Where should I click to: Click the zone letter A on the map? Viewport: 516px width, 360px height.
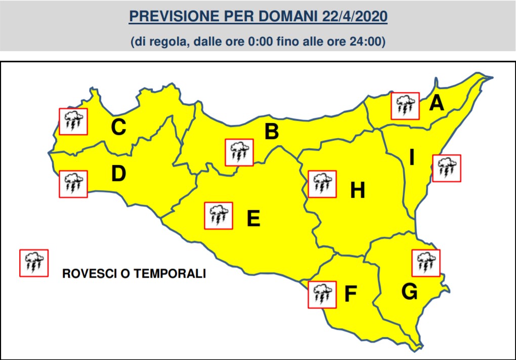(436, 104)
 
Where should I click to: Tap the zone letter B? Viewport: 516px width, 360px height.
(272, 132)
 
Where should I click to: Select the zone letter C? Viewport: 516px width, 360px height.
(118, 127)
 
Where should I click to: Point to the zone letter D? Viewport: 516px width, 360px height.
(118, 174)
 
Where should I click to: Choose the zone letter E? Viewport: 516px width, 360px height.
(253, 219)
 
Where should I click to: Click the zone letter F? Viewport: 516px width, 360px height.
(350, 294)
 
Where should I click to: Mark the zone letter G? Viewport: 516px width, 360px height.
(409, 292)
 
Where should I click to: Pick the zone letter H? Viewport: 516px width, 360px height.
(358, 191)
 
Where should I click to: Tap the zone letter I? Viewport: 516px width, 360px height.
(412, 159)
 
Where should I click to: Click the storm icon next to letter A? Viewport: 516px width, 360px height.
(405, 106)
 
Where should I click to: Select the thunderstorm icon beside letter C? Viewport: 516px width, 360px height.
(73, 121)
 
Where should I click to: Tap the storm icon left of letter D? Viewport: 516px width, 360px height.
(73, 184)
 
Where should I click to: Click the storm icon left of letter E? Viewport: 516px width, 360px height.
(219, 216)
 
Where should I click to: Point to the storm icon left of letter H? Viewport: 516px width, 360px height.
(322, 184)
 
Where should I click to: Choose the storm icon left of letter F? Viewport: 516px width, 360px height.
(322, 294)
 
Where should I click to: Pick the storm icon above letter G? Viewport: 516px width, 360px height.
(426, 263)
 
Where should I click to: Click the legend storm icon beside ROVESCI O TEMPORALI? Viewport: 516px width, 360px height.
(33, 263)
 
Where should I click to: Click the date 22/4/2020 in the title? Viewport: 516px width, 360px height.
(355, 17)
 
